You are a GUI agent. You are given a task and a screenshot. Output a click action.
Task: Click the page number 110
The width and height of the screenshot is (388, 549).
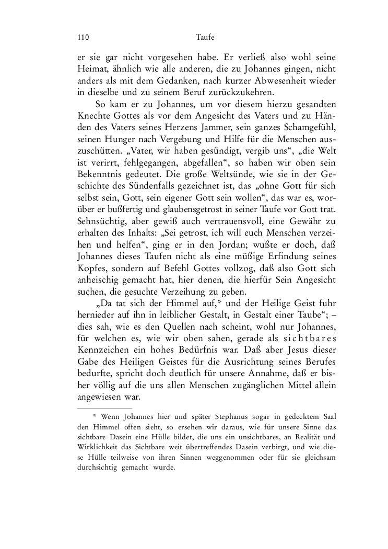pos(83,38)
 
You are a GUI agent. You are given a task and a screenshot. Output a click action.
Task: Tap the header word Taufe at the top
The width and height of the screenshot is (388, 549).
pos(205,38)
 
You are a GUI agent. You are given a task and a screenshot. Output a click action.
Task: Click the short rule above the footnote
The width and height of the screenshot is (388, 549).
pos(104,408)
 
